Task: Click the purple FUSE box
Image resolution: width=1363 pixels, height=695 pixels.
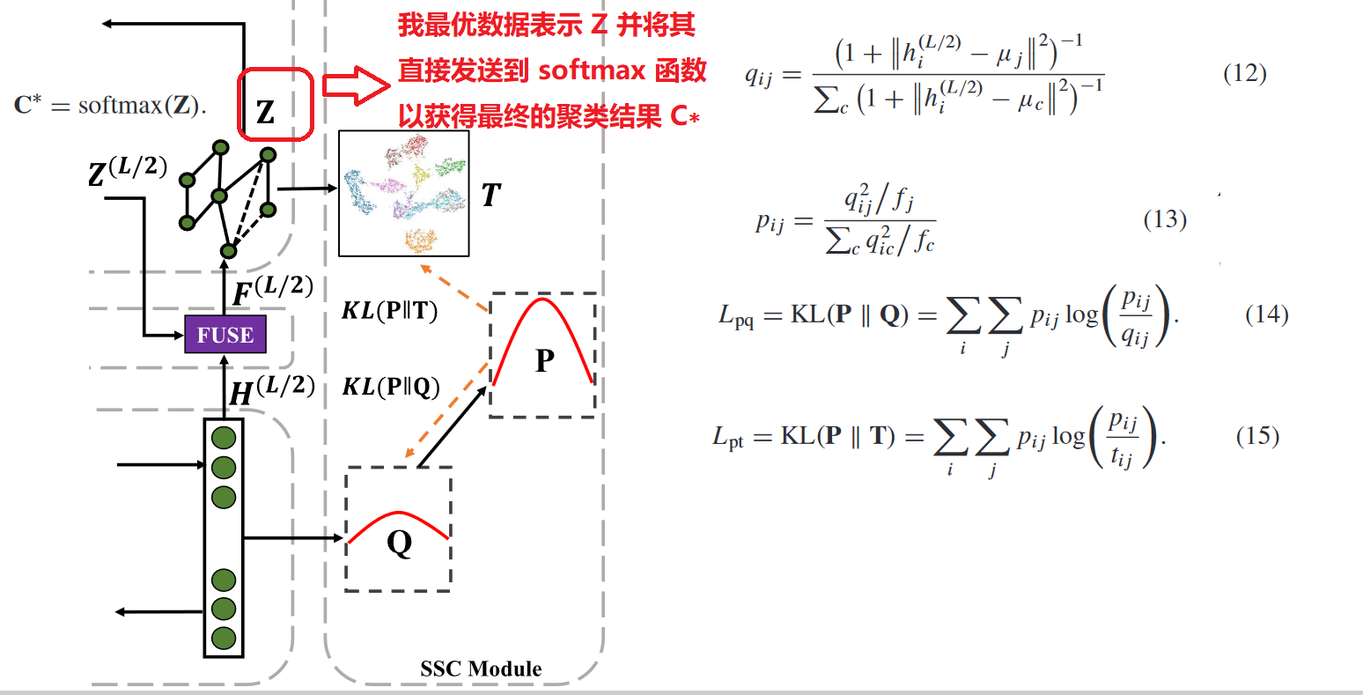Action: [225, 335]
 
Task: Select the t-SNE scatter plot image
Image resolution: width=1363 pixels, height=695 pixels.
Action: [404, 193]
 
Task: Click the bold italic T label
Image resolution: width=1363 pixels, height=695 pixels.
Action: [491, 195]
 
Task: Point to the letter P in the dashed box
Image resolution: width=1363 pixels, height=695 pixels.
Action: [545, 360]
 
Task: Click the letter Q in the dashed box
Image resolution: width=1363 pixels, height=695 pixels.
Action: [399, 543]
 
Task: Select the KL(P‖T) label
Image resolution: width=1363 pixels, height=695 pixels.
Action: [389, 311]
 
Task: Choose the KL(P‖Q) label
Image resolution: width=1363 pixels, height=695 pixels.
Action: [390, 387]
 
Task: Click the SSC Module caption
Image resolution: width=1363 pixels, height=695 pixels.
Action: [481, 669]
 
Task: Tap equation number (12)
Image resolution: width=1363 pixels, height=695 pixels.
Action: [1245, 73]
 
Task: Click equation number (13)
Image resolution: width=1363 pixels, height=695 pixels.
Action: [1165, 219]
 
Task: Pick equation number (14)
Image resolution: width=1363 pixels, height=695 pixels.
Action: [1266, 314]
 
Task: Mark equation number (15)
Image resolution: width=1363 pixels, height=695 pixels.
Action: [1257, 436]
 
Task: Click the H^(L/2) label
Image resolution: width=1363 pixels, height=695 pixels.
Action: [271, 389]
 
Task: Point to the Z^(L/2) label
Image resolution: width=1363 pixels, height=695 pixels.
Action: [128, 172]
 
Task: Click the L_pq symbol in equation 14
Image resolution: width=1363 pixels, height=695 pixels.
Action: [736, 316]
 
